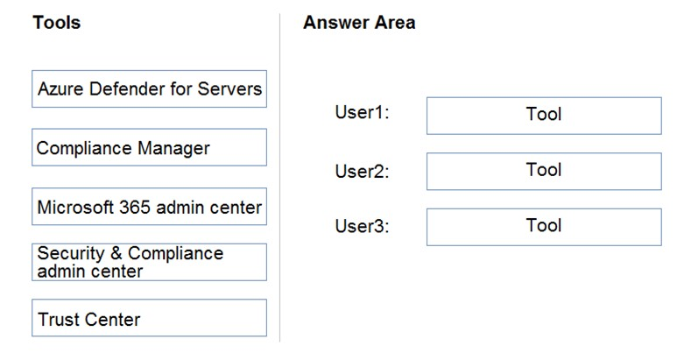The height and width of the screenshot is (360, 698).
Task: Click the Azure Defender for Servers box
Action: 149,88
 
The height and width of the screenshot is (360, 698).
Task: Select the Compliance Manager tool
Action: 149,147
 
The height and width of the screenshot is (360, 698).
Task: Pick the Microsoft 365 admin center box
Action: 149,207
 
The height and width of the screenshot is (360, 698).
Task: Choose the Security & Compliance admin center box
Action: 149,262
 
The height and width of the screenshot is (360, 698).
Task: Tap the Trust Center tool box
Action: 149,318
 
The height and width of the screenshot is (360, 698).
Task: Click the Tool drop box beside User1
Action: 544,116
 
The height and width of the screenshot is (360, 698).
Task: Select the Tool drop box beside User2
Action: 544,172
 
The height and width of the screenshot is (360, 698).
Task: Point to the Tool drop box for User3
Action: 544,227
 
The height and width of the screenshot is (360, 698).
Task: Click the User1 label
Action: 362,112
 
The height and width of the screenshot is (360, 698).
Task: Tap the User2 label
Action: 362,171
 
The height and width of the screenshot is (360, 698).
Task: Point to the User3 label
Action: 362,226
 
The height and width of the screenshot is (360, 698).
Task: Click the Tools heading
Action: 57,22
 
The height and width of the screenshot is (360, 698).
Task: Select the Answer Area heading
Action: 359,22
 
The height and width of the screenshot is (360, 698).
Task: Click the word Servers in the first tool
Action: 229,88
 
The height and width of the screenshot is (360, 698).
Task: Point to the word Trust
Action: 58,319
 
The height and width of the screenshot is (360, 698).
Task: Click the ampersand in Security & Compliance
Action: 116,253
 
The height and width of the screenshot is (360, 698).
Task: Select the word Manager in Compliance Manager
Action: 173,149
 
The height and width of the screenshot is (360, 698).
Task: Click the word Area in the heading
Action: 396,22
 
